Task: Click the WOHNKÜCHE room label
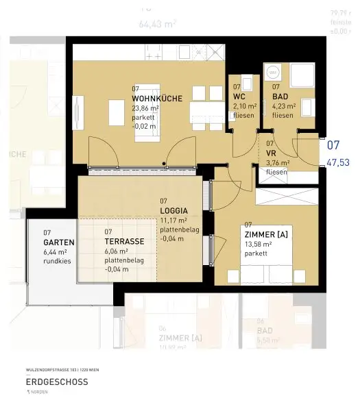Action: tap(156, 98)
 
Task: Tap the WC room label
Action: tap(238, 97)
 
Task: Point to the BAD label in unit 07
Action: tap(280, 97)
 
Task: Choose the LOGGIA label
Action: tap(173, 210)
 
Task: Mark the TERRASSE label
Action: tap(124, 242)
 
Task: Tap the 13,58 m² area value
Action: tap(259, 244)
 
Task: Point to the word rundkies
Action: tap(57, 262)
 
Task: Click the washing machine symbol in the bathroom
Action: tap(273, 72)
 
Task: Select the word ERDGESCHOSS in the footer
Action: tap(56, 382)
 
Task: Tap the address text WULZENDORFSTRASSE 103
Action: tap(47, 369)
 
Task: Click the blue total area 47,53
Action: tap(338, 162)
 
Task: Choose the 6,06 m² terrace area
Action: tap(120, 251)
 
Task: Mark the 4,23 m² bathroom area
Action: tap(284, 106)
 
